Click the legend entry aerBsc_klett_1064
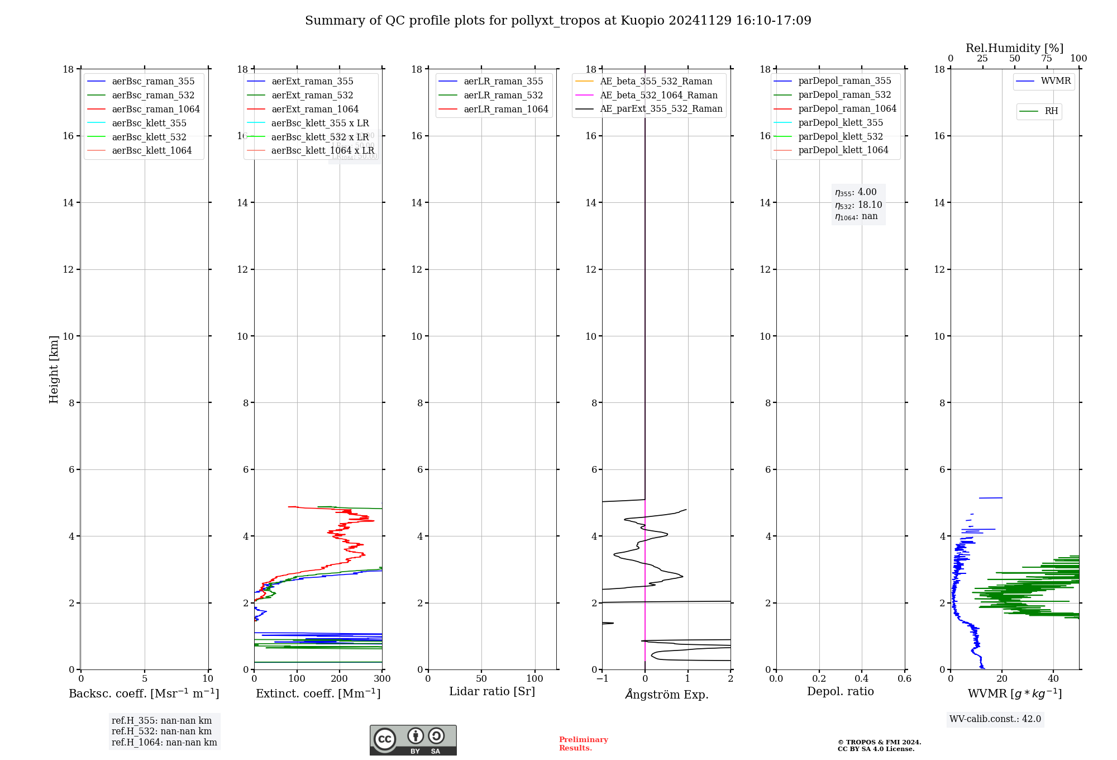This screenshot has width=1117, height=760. [x=151, y=150]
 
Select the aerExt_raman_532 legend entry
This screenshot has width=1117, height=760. [x=312, y=95]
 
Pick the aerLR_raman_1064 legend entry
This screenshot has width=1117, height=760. [x=505, y=109]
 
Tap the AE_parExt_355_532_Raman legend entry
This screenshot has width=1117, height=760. [x=661, y=108]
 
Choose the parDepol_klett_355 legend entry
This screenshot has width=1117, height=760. [x=841, y=122]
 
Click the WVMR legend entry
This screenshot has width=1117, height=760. [x=1055, y=81]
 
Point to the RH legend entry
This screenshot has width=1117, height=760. [x=1051, y=111]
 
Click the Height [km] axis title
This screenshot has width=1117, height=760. [x=54, y=369]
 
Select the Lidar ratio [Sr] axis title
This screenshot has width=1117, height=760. [x=492, y=691]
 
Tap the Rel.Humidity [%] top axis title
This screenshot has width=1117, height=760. [x=1014, y=48]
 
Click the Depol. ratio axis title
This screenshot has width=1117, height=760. [x=840, y=691]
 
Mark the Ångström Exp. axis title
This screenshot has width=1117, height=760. [x=667, y=694]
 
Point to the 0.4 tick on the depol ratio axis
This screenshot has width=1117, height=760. [x=862, y=678]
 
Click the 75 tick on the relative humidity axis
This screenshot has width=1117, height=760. [x=1046, y=59]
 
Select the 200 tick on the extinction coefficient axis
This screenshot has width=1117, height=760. [x=340, y=678]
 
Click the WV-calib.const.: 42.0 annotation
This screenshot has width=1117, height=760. [x=995, y=719]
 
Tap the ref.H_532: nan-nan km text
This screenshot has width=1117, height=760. [x=161, y=731]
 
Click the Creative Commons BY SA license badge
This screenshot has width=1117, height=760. [x=413, y=740]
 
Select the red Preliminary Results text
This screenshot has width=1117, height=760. [x=583, y=743]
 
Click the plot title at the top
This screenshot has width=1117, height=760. [x=558, y=21]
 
